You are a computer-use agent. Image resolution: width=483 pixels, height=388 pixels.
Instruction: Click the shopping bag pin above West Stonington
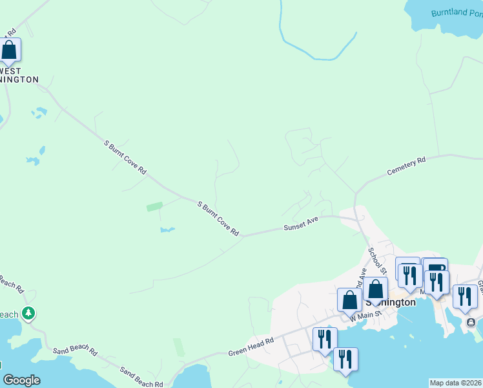pos(10,50)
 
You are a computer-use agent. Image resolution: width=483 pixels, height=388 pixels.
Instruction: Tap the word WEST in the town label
pos(10,71)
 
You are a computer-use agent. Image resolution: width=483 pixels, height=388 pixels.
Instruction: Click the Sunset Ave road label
pos(301,225)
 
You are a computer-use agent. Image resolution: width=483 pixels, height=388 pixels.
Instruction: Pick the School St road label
pos(377,260)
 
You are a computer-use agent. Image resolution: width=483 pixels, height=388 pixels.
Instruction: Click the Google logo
pos(21,380)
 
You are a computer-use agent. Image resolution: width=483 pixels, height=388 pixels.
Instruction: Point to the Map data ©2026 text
pos(455,383)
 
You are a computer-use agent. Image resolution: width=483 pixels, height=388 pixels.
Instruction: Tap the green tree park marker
pos(28,314)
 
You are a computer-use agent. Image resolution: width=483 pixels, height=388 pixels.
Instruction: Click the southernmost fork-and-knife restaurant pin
pos(345,360)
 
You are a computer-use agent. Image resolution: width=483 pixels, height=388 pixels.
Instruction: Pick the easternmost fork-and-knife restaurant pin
pos(465,296)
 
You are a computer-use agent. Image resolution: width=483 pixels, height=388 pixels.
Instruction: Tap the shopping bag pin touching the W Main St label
pos(349,301)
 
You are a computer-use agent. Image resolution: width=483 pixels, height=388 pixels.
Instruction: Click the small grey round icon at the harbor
pos(471,323)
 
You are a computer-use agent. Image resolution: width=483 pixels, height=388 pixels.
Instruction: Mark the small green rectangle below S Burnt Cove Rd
pos(154,207)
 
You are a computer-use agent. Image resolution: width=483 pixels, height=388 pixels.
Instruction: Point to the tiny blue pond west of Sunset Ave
pos(167,230)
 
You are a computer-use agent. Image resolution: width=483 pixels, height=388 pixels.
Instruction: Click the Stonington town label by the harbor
pos(391,302)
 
